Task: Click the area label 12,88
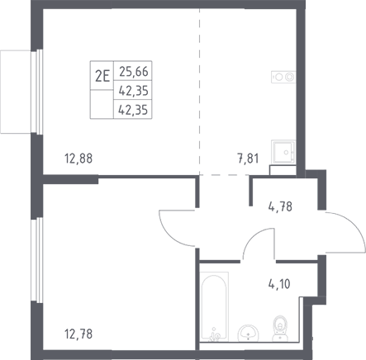click(78, 159)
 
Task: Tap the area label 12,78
click(78, 334)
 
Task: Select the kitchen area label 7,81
click(248, 159)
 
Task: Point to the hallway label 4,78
click(280, 206)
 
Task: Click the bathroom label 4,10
click(279, 284)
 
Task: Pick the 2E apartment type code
click(102, 77)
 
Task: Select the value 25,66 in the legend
click(134, 72)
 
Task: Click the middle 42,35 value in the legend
click(134, 91)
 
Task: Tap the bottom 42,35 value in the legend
click(133, 110)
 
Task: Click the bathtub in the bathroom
click(215, 306)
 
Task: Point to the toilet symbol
click(280, 329)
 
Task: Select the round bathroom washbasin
click(248, 333)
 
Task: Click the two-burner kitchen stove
click(283, 77)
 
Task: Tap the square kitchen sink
click(283, 152)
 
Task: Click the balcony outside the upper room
click(16, 92)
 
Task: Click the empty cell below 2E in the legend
click(102, 104)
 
